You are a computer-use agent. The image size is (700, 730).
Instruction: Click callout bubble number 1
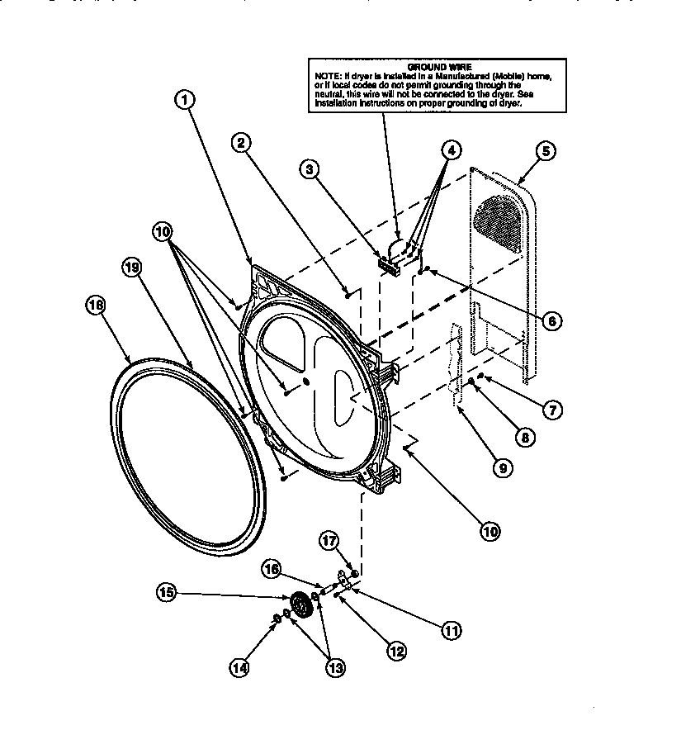click(x=186, y=100)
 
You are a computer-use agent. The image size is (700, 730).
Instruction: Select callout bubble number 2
click(x=240, y=143)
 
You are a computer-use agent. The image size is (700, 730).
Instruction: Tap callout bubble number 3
click(x=310, y=170)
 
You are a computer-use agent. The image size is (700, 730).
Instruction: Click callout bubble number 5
click(x=546, y=150)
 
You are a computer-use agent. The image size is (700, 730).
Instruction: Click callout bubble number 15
click(x=167, y=591)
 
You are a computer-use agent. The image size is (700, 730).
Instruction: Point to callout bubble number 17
click(x=329, y=541)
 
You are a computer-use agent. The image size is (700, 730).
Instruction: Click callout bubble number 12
click(x=396, y=650)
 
